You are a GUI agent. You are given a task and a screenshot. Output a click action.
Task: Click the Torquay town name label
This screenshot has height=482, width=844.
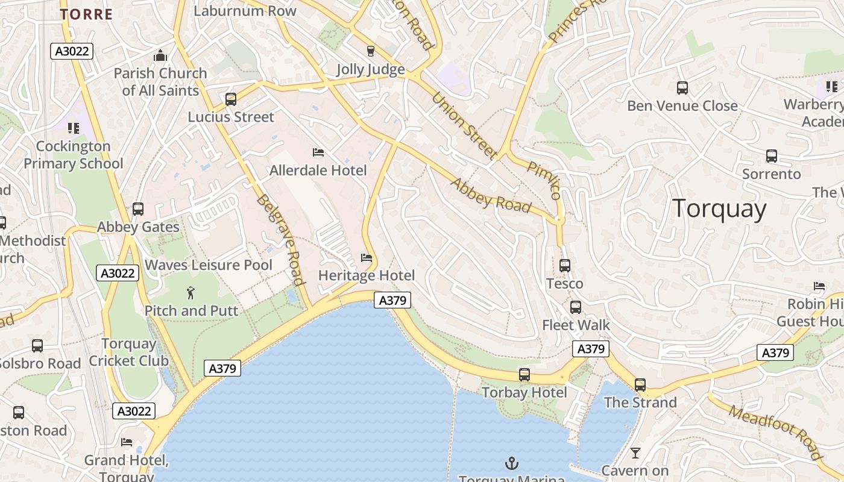coord(719,209)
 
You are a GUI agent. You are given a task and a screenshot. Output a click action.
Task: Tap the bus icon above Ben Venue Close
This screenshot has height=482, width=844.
coord(682,88)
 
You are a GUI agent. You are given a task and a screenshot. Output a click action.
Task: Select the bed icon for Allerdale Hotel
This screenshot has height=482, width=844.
coord(318,152)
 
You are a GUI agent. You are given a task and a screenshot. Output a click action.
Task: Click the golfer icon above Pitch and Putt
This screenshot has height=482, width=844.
coord(191,293)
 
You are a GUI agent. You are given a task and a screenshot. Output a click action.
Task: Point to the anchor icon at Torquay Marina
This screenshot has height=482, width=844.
coord(511,463)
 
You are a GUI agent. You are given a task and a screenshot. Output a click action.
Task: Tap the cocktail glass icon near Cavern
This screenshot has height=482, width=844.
coord(635,452)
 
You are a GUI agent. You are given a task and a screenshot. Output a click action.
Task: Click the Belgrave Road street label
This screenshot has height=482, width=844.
coord(279,239)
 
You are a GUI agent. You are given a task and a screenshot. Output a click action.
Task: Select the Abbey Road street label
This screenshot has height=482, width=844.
coord(491,195)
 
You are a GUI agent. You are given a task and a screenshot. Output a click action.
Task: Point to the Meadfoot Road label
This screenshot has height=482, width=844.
coord(775,431)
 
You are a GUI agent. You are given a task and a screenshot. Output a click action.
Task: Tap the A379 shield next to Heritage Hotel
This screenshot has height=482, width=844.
coord(392,300)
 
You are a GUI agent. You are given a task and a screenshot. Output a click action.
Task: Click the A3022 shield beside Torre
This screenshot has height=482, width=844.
coord(72,51)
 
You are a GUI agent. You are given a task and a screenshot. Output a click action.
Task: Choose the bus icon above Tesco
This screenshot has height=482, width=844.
coord(565,265)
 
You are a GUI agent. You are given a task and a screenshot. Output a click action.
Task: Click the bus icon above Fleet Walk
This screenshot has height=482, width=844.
coord(576,307)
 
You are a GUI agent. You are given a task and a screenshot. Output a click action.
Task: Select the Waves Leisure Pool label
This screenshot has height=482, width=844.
coord(209,265)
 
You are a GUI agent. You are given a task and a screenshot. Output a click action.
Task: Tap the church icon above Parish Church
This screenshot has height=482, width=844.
coord(160,57)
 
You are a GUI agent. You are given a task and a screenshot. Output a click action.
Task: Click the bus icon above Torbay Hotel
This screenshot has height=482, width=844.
coord(524,375)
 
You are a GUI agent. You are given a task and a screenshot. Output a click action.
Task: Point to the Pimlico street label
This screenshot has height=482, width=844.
coord(544,180)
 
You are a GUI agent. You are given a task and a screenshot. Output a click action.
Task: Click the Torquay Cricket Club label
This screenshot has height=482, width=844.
coord(128,352)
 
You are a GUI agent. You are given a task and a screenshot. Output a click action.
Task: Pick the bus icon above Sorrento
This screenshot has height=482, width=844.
coord(771,156)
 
